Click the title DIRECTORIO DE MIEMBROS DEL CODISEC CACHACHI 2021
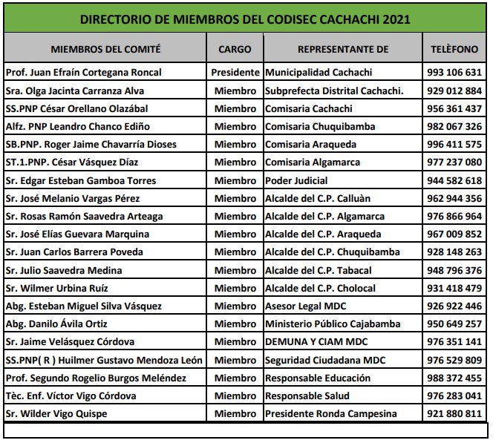point(245,19)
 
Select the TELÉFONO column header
point(454,50)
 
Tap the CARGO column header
point(235,50)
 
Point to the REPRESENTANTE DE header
point(343,50)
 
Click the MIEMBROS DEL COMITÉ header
point(105,50)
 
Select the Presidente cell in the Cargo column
point(235,73)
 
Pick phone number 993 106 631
point(455,73)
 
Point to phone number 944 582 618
point(455,180)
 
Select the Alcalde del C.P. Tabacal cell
point(319,270)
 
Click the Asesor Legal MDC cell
point(305,306)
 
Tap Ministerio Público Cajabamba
point(332,324)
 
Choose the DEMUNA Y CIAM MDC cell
point(316,342)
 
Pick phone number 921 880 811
point(455,413)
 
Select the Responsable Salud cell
point(307,396)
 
